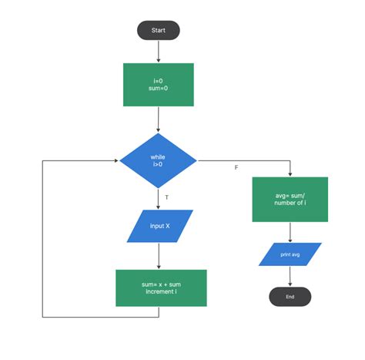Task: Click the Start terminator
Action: tap(158, 31)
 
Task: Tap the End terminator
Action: tap(290, 297)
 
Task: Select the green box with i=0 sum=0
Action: tap(158, 85)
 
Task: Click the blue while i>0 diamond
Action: tap(158, 161)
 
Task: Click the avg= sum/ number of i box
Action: tap(290, 200)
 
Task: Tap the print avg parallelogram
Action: tap(290, 254)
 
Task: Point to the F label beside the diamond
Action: tap(236, 167)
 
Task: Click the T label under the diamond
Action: tap(167, 197)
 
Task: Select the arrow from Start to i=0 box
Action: tap(158, 51)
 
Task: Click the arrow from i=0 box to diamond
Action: tap(158, 119)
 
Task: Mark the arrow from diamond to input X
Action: tap(158, 200)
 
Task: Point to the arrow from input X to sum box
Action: tap(158, 256)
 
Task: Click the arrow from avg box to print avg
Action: tap(290, 232)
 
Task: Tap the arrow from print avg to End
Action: tap(290, 276)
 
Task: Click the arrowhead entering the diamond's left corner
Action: tap(116, 161)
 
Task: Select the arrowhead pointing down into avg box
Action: tap(290, 174)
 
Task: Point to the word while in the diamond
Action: tap(158, 156)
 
